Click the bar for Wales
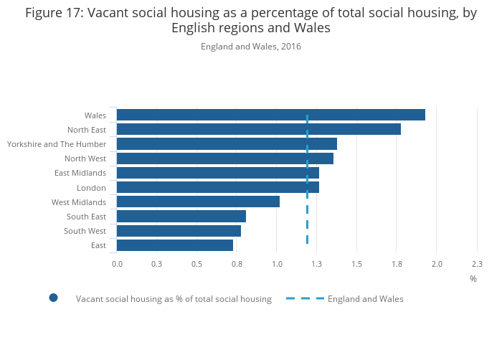pyautogui.click(x=270, y=115)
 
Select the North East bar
pyautogui.click(x=258, y=129)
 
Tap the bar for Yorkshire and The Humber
pyautogui.click(x=227, y=144)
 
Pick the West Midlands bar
pyautogui.click(x=198, y=202)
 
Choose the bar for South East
pyautogui.click(x=181, y=216)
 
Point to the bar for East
pyautogui.click(x=175, y=245)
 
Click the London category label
pyautogui.click(x=91, y=188)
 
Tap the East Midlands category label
pyautogui.click(x=80, y=173)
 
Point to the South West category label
pyautogui.click(x=85, y=231)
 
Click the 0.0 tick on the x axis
pyautogui.click(x=117, y=264)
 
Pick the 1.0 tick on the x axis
pyautogui.click(x=277, y=264)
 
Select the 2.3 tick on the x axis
pyautogui.click(x=477, y=264)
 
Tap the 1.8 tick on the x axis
pyautogui.click(x=397, y=264)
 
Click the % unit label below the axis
pyautogui.click(x=473, y=278)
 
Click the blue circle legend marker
pyautogui.click(x=53, y=298)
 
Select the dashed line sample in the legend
pyautogui.click(x=305, y=298)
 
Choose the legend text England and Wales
pyautogui.click(x=366, y=299)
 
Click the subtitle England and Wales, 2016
pyautogui.click(x=251, y=47)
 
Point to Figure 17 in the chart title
pyautogui.click(x=54, y=13)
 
